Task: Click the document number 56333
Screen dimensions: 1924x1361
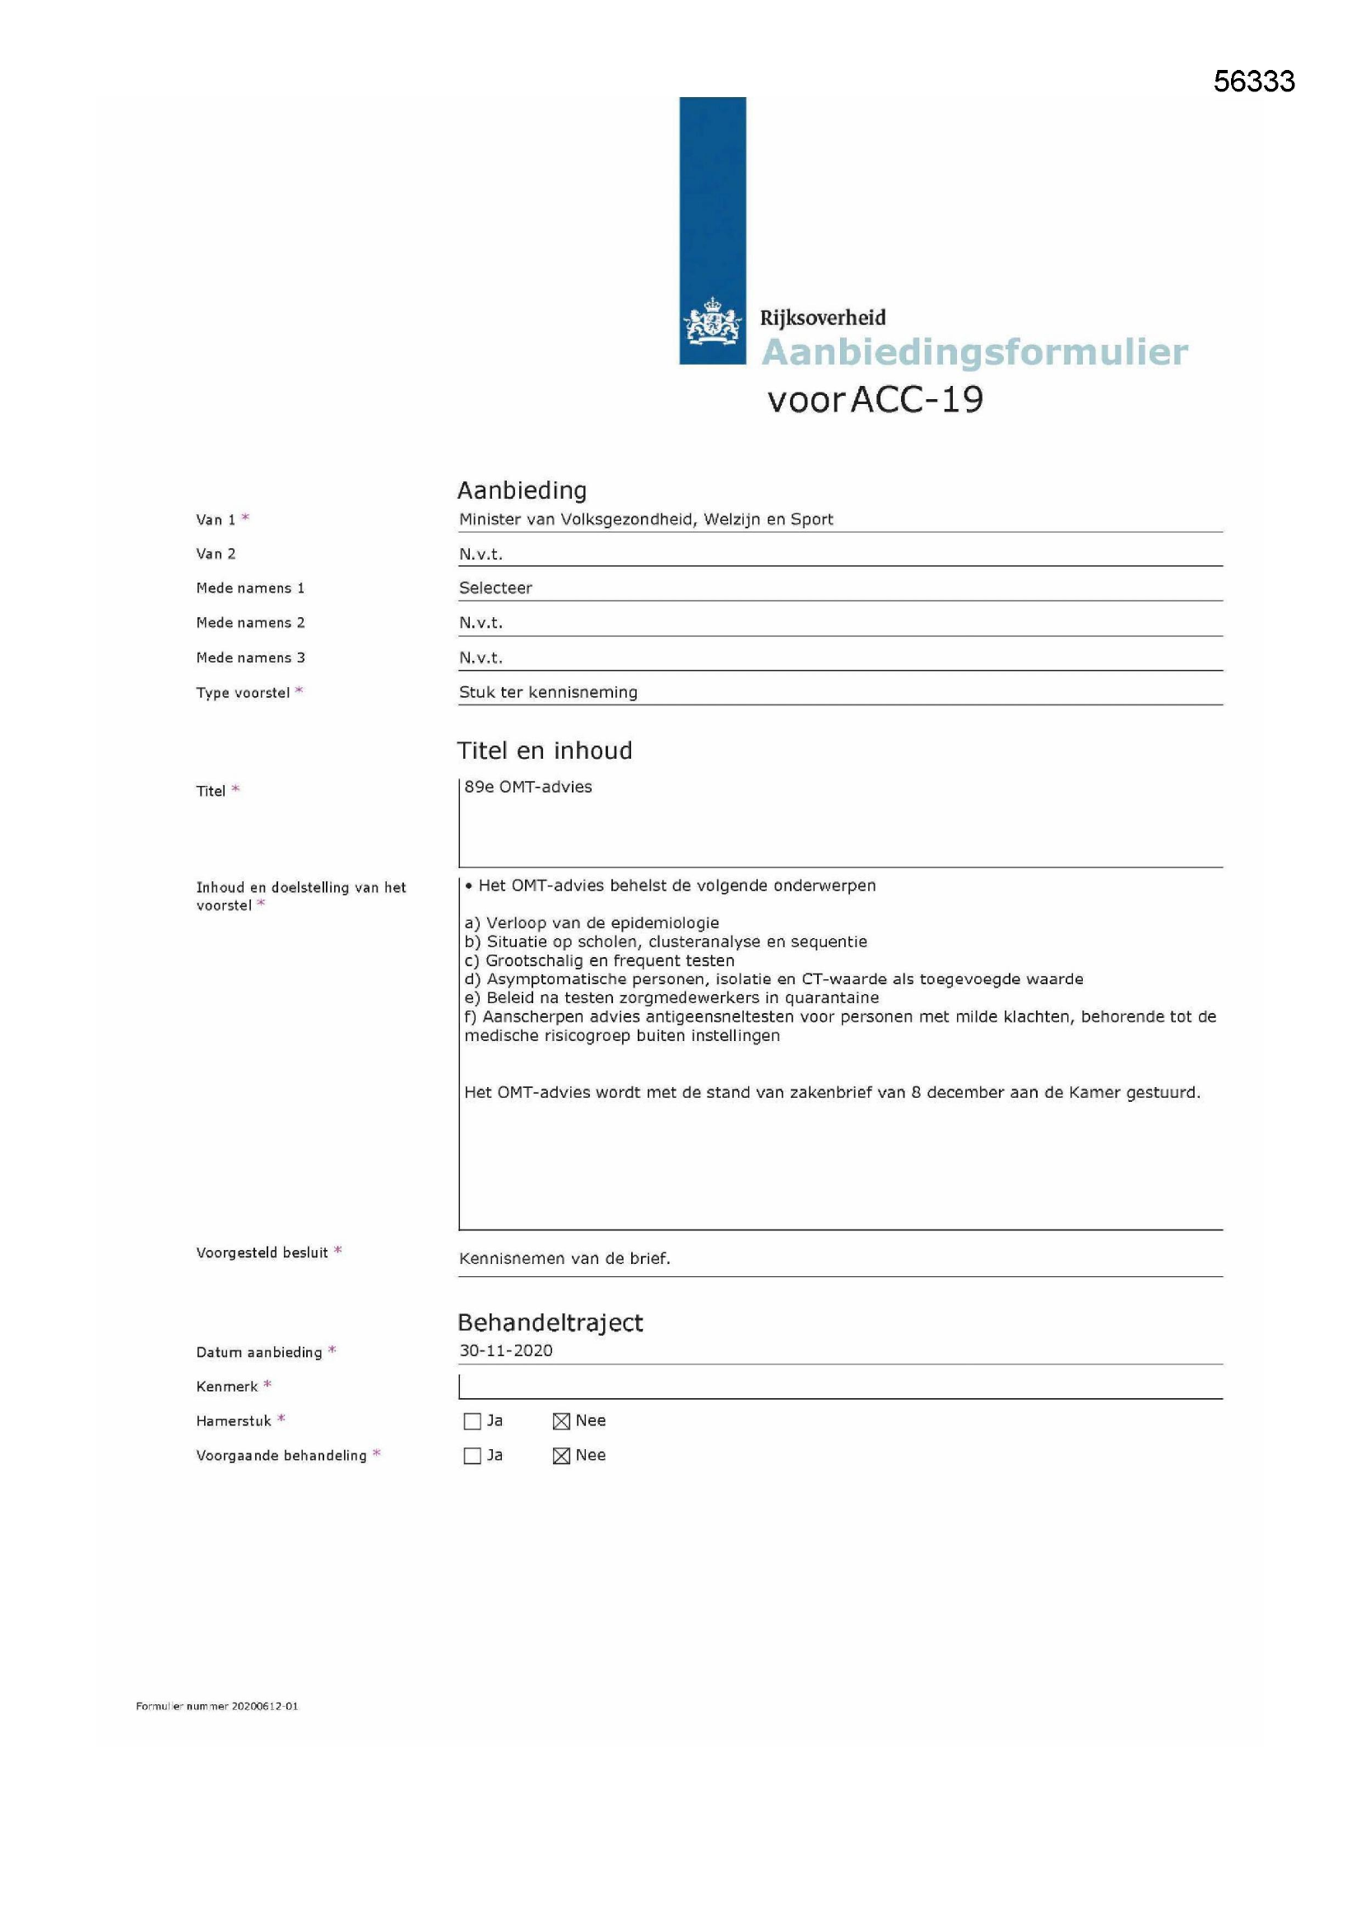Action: pyautogui.click(x=1253, y=81)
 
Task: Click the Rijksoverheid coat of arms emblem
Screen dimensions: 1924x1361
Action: pyautogui.click(x=713, y=322)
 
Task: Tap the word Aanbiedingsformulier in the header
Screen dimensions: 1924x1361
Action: pyautogui.click(x=973, y=352)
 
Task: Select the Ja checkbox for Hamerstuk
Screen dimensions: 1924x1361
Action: pyautogui.click(x=471, y=1421)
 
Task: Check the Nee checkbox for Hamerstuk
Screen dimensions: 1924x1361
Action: pyautogui.click(x=561, y=1421)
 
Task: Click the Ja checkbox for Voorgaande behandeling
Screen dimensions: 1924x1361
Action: pyautogui.click(x=471, y=1456)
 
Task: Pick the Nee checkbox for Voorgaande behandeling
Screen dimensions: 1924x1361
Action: pyautogui.click(x=561, y=1456)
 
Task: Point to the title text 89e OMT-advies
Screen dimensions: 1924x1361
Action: pyautogui.click(x=528, y=787)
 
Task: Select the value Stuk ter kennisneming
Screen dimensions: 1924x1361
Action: pyautogui.click(x=548, y=692)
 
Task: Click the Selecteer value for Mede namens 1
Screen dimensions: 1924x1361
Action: pyautogui.click(x=495, y=588)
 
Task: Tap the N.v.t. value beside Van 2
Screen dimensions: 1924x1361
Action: pyautogui.click(x=481, y=554)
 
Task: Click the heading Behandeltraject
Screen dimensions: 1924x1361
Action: pyautogui.click(x=550, y=1322)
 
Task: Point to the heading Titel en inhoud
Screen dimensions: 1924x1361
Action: pyautogui.click(x=544, y=750)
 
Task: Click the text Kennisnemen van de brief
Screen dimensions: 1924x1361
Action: pyautogui.click(x=564, y=1258)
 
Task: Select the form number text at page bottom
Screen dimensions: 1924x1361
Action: pyautogui.click(x=217, y=1706)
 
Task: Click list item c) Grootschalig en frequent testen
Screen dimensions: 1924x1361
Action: pyautogui.click(x=599, y=960)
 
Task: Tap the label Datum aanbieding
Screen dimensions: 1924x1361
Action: pyautogui.click(x=258, y=1353)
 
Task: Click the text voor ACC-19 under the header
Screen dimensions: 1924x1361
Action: pyautogui.click(x=875, y=400)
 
